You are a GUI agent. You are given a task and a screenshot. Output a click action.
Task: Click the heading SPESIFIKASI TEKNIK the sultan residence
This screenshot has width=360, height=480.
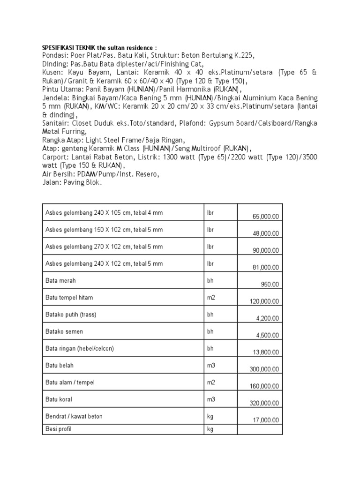pyautogui.click(x=100, y=48)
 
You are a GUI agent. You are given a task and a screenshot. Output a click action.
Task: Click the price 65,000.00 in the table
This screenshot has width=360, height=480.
pyautogui.click(x=265, y=217)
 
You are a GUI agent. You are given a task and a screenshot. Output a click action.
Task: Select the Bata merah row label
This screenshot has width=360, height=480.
pyautogui.click(x=60, y=280)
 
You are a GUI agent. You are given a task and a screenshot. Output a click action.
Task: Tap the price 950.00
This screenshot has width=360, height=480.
pyautogui.click(x=270, y=284)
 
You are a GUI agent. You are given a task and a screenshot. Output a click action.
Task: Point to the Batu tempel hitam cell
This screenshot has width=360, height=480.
pyautogui.click(x=67, y=297)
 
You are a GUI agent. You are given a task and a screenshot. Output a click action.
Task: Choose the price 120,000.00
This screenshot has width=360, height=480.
pyautogui.click(x=264, y=301)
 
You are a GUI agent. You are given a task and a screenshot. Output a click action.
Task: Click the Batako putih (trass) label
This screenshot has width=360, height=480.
pyautogui.click(x=71, y=315)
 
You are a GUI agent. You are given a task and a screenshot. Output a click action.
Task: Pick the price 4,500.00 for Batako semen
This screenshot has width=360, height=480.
pyautogui.click(x=267, y=335)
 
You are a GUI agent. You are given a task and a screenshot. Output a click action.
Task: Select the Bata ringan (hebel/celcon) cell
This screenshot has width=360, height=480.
pyautogui.click(x=80, y=348)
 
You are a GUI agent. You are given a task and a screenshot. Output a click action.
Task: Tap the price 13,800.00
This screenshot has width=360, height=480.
pyautogui.click(x=266, y=352)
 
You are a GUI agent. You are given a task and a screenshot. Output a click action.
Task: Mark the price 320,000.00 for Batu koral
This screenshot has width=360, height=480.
pyautogui.click(x=264, y=403)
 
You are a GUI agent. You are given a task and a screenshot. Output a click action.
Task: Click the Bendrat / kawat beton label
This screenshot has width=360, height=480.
pyautogui.click(x=74, y=416)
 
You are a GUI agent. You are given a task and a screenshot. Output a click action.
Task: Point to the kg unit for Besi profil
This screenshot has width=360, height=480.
pyautogui.click(x=210, y=429)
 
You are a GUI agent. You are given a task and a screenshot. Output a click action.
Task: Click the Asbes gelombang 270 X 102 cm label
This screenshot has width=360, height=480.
pyautogui.click(x=104, y=246)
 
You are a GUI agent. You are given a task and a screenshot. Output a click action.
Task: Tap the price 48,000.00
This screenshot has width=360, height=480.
pyautogui.click(x=266, y=233)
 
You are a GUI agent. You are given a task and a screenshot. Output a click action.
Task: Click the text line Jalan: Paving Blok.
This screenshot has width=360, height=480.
pyautogui.click(x=72, y=183)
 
